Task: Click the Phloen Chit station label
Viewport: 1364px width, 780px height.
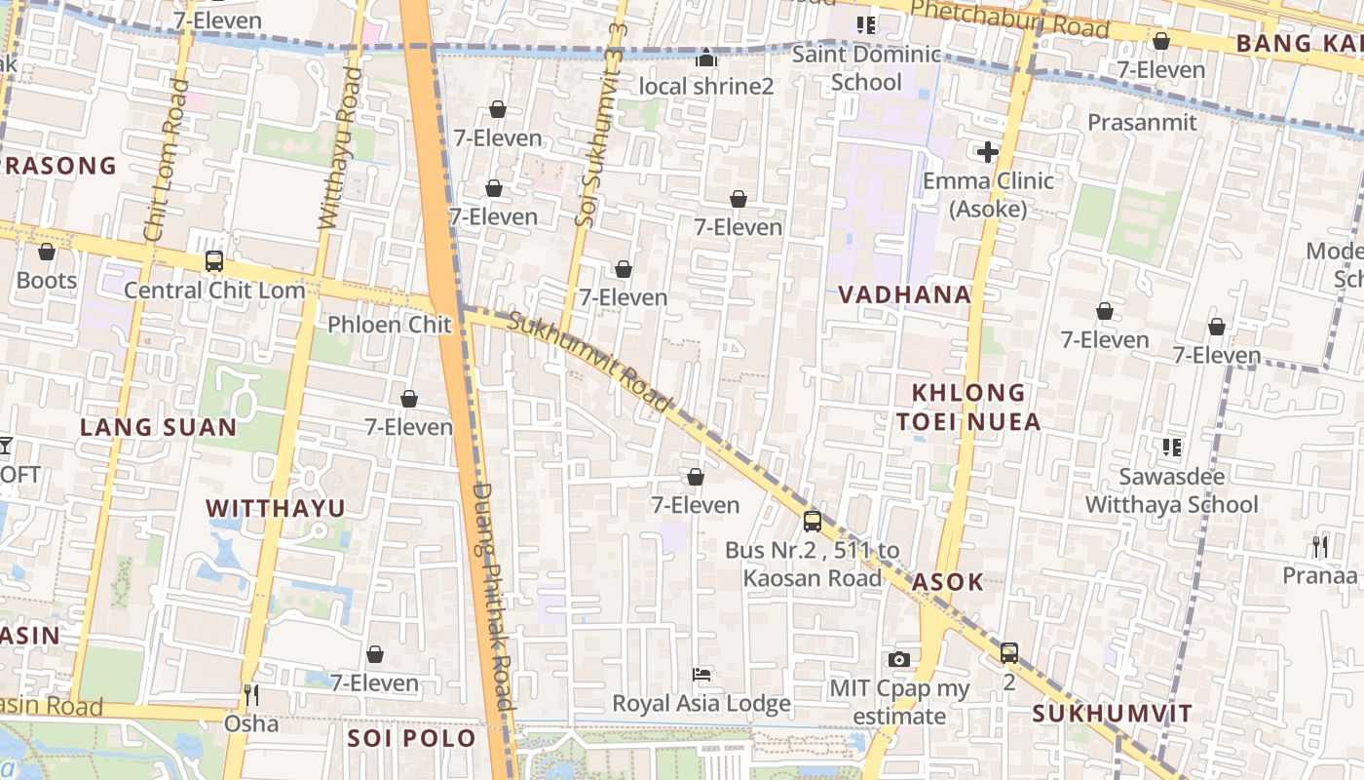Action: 389,325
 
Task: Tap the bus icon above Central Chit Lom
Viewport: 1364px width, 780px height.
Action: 214,261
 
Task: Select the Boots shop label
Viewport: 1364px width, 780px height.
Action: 46,281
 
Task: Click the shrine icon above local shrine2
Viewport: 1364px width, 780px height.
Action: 705,58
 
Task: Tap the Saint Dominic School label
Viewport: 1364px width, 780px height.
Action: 866,67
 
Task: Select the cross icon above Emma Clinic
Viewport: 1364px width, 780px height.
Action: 988,152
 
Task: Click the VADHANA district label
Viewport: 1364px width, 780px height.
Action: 905,294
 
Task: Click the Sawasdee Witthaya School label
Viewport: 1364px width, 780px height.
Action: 1172,490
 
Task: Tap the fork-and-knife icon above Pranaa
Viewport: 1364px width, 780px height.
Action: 1320,547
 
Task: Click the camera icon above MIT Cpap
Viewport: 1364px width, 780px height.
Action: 899,660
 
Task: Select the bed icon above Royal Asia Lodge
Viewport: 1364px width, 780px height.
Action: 701,674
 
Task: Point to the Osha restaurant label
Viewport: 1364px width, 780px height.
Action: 251,723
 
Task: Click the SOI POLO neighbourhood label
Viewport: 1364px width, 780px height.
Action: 411,738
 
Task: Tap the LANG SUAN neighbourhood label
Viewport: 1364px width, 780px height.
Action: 158,427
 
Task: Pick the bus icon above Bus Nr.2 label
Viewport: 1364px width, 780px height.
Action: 812,522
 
